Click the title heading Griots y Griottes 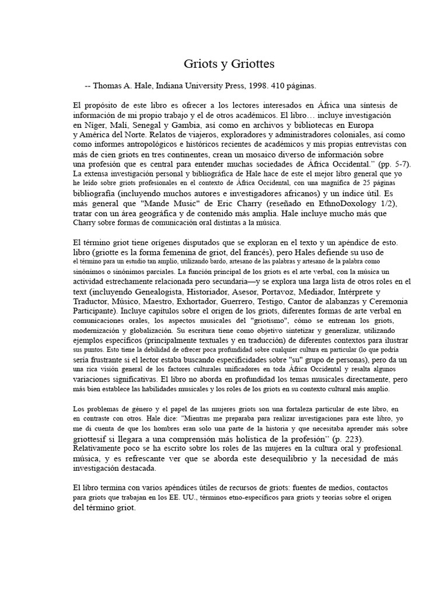pos(225,62)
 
